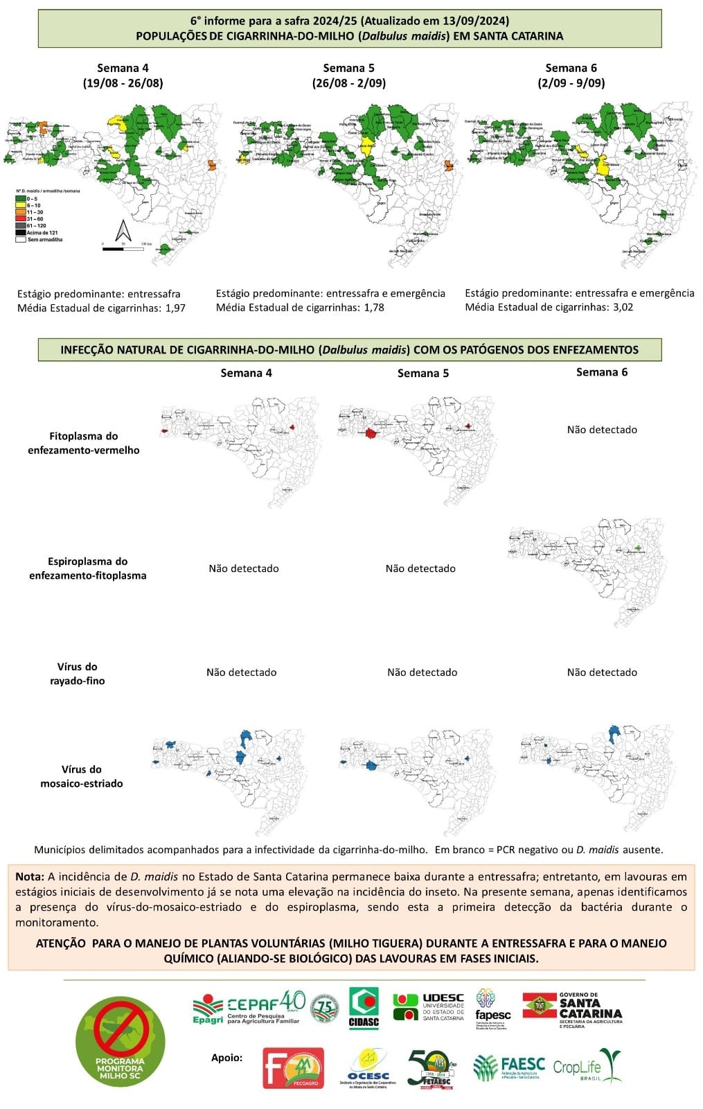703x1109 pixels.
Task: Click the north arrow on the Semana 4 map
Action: [x=123, y=230]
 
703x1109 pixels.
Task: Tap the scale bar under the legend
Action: [x=123, y=248]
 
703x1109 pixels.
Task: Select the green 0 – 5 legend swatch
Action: [x=21, y=199]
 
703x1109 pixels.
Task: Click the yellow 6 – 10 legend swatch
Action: [x=21, y=206]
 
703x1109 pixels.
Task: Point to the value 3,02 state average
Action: [x=621, y=307]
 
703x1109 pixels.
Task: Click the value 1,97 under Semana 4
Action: [x=175, y=308]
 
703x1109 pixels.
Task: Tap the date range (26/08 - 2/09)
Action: [x=348, y=82]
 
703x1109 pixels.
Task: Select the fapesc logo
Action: [x=492, y=1008]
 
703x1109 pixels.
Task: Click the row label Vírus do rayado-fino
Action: [x=78, y=674]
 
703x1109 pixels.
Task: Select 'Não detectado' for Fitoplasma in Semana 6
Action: [x=602, y=430]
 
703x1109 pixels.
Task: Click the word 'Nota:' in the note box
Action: [x=30, y=877]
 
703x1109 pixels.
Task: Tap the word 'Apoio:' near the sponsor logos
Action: [x=227, y=1058]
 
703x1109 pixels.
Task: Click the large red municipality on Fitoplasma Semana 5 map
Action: [x=370, y=434]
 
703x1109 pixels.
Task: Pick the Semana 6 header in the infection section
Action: [x=602, y=372]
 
